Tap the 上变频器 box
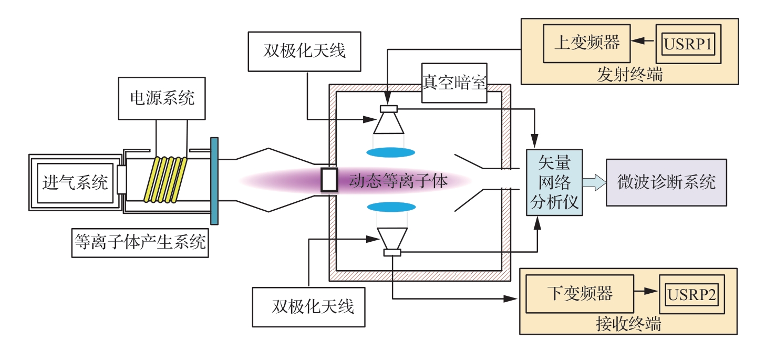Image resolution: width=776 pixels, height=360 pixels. point(587,43)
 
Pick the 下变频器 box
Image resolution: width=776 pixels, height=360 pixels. point(580,293)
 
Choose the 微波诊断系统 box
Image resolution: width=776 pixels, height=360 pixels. point(666,182)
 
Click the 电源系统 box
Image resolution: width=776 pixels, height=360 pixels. point(162,98)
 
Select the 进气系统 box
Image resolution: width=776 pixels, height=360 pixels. point(75,182)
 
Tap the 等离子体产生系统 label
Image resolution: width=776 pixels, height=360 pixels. point(140,242)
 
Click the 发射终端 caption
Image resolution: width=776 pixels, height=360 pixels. point(629,75)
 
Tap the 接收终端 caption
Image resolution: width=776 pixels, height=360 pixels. point(628,324)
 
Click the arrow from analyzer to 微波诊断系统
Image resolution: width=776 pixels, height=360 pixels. point(593,182)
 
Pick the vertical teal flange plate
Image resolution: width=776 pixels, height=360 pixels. point(214,180)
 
